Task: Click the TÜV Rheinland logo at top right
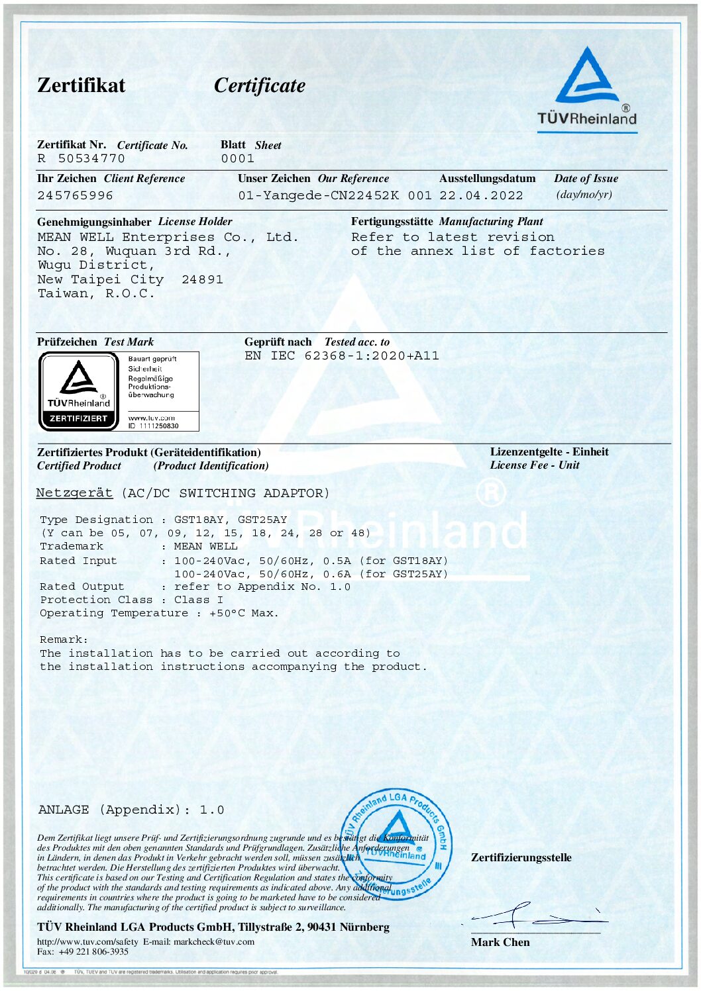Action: [586, 86]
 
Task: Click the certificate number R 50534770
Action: [81, 159]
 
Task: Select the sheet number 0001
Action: [237, 159]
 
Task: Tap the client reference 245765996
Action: [75, 196]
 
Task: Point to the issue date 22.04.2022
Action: [481, 196]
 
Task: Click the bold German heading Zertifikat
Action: [81, 85]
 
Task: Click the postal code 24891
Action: [202, 279]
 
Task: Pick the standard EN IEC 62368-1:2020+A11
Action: [341, 355]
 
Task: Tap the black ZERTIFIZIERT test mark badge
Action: [79, 391]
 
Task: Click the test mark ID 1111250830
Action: [158, 426]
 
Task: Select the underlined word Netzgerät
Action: [74, 493]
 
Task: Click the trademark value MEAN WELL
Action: [205, 547]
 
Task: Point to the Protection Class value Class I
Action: [198, 600]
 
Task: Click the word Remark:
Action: [64, 639]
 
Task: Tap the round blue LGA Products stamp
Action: [397, 843]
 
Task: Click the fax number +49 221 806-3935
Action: [93, 951]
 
